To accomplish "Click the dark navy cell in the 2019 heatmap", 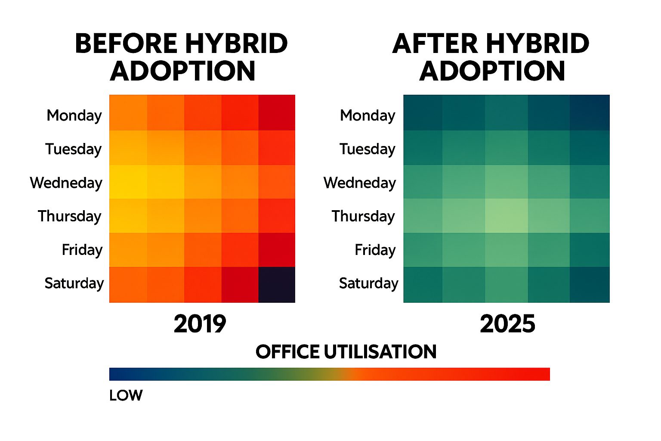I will point(277,285).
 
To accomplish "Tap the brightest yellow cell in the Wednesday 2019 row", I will point(128,182).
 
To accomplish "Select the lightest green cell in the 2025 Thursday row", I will point(507,215).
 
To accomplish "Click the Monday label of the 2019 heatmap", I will point(74,115).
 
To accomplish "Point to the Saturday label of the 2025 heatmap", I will point(368,283).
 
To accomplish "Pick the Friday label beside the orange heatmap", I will point(82,250).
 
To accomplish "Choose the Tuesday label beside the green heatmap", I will point(367,149).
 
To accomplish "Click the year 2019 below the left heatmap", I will point(200,324).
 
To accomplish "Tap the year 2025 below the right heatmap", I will point(507,324).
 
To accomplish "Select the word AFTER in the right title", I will point(435,44).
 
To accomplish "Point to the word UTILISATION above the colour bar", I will point(380,352).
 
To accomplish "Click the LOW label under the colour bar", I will point(126,395).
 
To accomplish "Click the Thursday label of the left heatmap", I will point(69,216).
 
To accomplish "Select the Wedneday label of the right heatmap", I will point(359,183).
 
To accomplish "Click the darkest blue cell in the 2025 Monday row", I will point(590,112).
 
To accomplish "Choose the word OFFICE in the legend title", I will point(287,352).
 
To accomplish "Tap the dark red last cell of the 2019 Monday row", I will point(277,112).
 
